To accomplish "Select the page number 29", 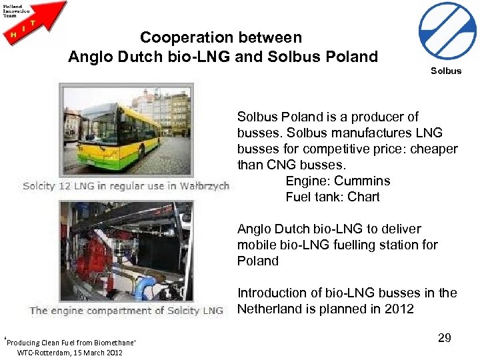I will [445, 338].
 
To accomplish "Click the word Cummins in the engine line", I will [363, 181].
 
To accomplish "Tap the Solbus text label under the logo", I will [446, 71].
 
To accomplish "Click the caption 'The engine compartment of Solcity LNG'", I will [127, 310].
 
